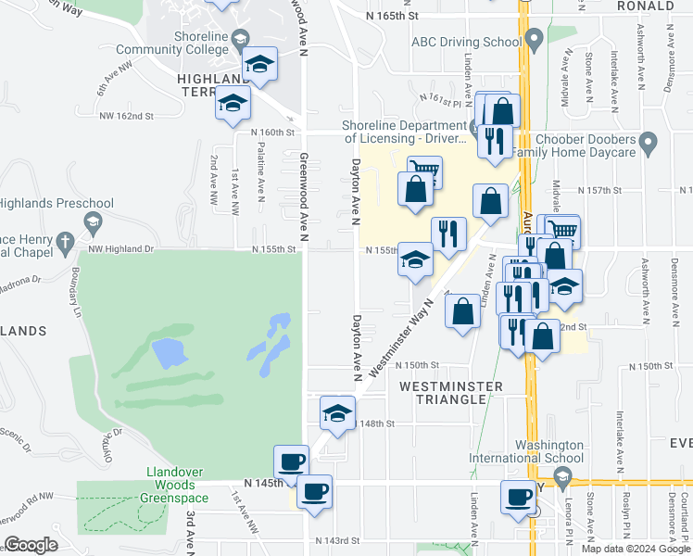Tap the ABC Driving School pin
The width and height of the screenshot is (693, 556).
(533, 41)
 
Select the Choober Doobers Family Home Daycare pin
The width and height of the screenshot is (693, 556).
(649, 144)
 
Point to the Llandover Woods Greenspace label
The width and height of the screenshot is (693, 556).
(170, 477)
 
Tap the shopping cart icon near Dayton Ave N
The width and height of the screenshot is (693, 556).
(424, 171)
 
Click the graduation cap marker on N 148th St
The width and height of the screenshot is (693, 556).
(338, 412)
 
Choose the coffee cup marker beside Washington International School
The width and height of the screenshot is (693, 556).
(519, 498)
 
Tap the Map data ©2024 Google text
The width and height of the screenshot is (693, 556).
(635, 549)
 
